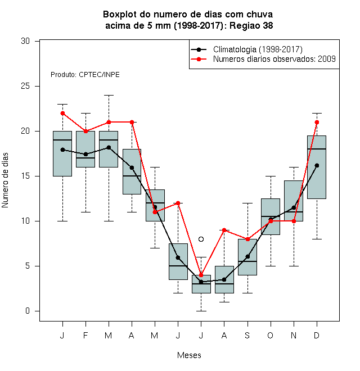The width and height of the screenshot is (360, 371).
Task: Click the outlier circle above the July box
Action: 201,239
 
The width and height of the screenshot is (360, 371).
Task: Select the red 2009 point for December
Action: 317,122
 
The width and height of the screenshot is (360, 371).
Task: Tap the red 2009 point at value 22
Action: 62,113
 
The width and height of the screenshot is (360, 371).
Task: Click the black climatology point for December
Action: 317,165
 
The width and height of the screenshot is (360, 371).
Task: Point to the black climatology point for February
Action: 85,154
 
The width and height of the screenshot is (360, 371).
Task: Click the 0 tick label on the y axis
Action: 28,311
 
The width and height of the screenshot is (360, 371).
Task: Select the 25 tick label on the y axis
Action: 25,86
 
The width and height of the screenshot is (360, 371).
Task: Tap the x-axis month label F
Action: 85,335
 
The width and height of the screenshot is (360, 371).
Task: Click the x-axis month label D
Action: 317,335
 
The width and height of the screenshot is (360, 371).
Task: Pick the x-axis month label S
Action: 247,335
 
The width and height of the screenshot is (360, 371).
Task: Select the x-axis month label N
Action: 294,335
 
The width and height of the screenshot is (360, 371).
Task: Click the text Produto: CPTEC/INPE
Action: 85,75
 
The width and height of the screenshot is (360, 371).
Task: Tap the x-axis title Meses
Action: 189,355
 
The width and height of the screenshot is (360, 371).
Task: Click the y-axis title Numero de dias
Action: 5,180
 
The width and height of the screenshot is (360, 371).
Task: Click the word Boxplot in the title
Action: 120,15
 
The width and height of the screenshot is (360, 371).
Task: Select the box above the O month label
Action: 271,217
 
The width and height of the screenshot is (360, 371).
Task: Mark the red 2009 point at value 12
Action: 178,203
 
